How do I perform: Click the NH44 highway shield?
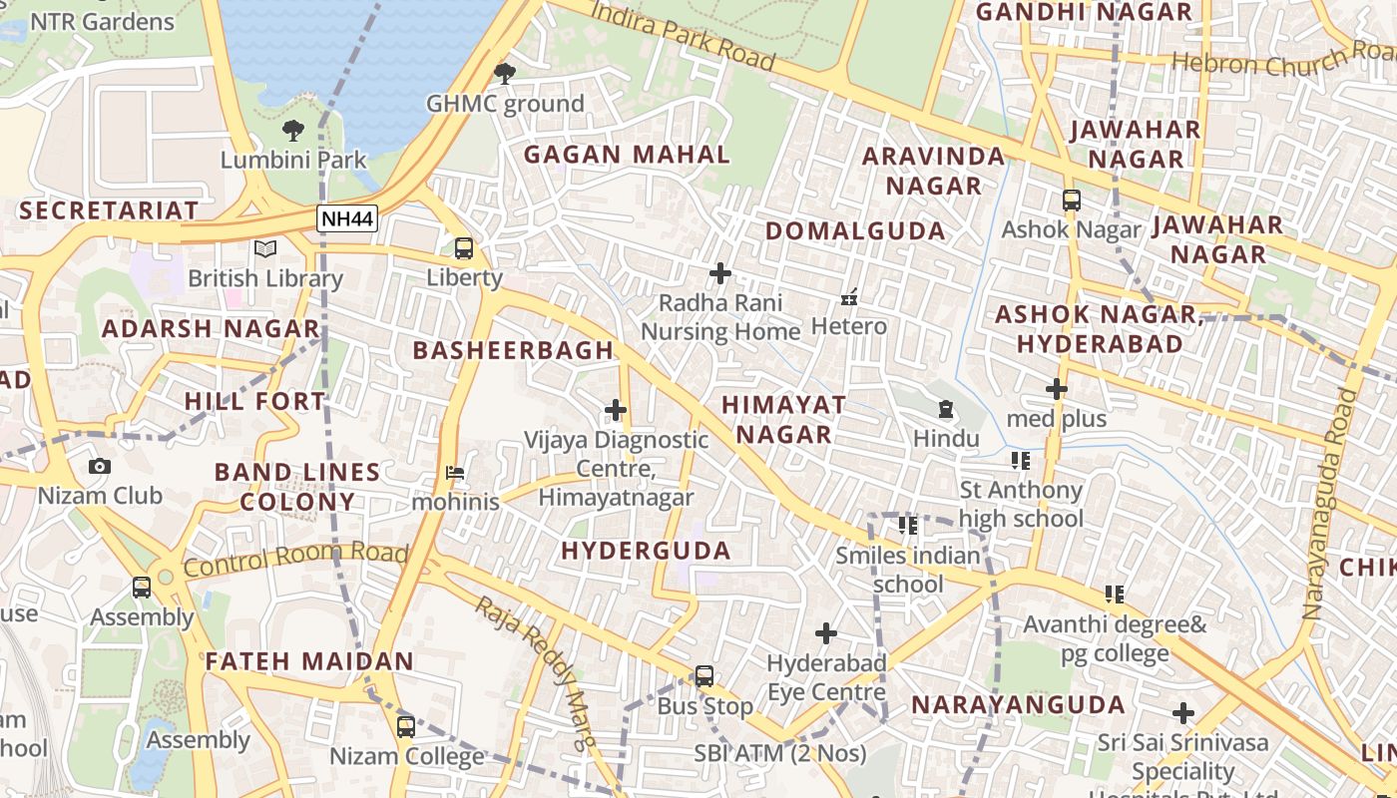[x=347, y=218]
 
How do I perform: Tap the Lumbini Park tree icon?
[x=293, y=130]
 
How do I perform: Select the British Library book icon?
[x=264, y=248]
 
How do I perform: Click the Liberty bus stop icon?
[x=464, y=248]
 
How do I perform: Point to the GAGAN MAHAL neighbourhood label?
[x=627, y=155]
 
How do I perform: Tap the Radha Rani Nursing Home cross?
[x=720, y=272]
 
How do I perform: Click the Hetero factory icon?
[x=849, y=296]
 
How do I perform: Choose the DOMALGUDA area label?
[x=855, y=231]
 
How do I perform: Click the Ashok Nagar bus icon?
[x=1072, y=200]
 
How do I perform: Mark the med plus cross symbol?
[x=1057, y=389]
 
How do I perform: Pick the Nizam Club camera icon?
[x=100, y=466]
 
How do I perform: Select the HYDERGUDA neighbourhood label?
[x=646, y=551]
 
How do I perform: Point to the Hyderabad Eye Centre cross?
[x=826, y=633]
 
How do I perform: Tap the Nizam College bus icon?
[x=406, y=726]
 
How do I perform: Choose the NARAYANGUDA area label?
[x=1018, y=704]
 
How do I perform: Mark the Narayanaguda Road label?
[x=1332, y=504]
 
